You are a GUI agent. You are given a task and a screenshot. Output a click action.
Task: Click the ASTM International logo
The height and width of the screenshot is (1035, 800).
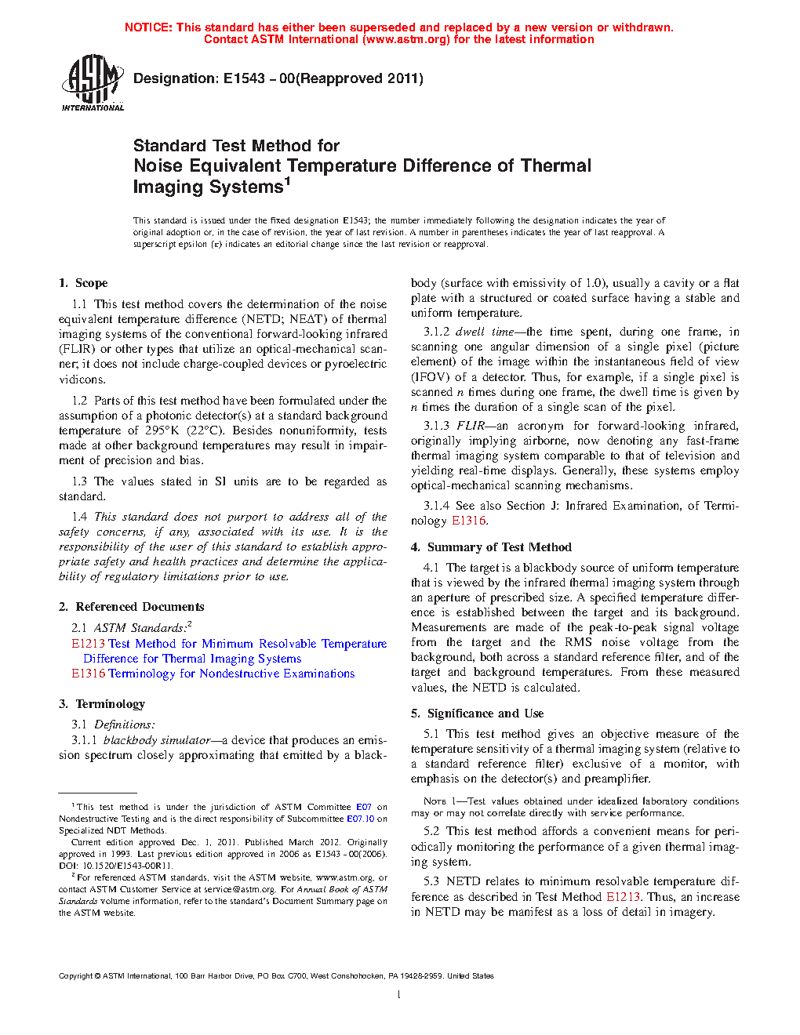93,83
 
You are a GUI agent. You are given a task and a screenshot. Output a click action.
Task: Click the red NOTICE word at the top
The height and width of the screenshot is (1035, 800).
148,27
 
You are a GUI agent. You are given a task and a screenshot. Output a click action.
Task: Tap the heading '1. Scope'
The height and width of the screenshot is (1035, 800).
83,283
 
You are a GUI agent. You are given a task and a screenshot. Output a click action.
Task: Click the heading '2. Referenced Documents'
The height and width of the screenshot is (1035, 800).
131,607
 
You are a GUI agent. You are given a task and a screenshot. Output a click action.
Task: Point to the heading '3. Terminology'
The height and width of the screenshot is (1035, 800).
102,704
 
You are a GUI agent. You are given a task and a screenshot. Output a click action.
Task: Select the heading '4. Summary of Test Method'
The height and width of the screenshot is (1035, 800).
491,547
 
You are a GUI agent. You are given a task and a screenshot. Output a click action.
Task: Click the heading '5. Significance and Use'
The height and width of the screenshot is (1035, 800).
477,714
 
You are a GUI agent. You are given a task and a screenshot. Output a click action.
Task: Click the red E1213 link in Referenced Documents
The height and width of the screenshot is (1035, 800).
88,644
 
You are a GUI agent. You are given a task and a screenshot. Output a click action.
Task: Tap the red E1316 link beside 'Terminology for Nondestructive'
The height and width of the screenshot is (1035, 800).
88,674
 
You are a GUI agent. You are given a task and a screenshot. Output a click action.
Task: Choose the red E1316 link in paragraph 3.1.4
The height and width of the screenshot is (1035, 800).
469,521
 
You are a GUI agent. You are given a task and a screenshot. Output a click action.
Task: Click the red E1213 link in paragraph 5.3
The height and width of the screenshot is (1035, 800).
623,897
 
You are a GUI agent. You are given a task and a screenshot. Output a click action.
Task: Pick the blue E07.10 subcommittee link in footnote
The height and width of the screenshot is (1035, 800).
361,819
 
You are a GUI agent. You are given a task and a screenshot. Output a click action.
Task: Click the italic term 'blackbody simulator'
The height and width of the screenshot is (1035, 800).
157,740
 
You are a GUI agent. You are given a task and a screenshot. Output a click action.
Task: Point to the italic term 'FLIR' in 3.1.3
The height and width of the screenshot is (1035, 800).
471,426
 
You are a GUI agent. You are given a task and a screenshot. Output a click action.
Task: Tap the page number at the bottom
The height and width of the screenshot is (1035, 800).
399,995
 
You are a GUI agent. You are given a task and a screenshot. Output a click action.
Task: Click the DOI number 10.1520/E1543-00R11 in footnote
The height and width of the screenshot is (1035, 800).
117,866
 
